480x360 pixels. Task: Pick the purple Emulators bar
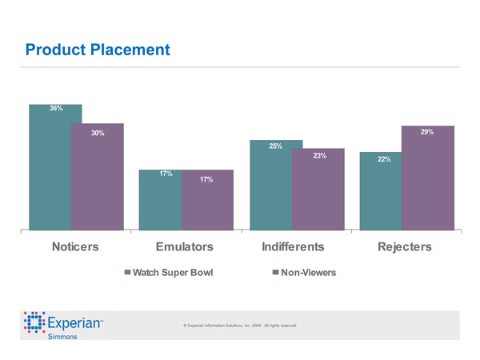click(x=207, y=204)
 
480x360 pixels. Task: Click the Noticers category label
click(x=75, y=246)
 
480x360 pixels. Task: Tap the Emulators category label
click(x=185, y=246)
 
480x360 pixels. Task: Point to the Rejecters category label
click(x=404, y=246)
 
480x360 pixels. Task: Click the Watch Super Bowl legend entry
click(x=169, y=273)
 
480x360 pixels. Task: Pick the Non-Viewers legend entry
click(x=304, y=273)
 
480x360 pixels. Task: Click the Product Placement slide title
click(x=98, y=50)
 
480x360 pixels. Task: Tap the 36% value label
click(x=56, y=108)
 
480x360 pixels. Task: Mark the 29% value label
click(x=427, y=131)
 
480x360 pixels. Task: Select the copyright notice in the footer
click(x=240, y=326)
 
